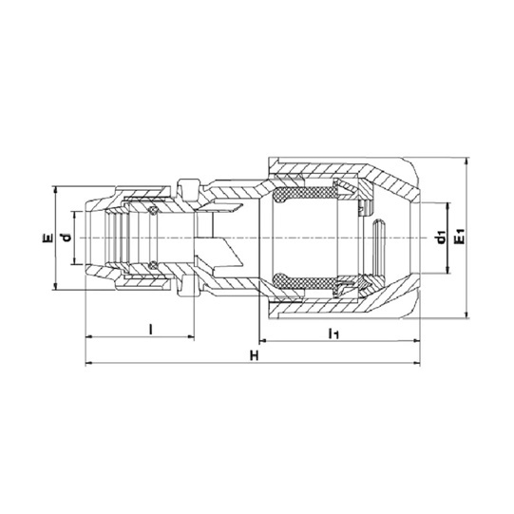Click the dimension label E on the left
[x=48, y=238]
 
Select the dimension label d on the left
[x=67, y=237]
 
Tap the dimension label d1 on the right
[x=442, y=238]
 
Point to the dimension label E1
[x=461, y=237]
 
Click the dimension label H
[x=254, y=355]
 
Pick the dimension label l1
[x=334, y=333]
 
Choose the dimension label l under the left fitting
[x=150, y=329]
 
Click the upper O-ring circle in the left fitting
[x=152, y=211]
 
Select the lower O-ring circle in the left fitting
[x=152, y=265]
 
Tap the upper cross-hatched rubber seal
[x=305, y=194]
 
